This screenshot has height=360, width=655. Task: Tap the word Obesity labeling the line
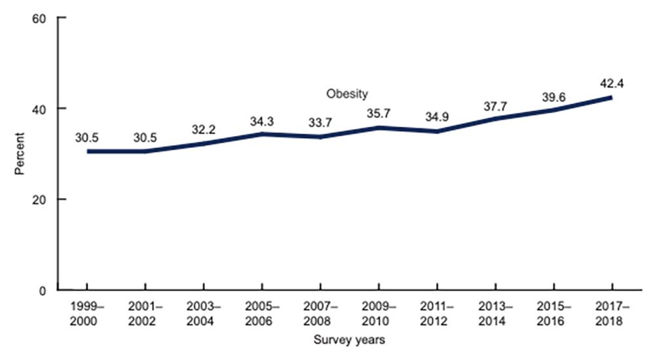coord(347,93)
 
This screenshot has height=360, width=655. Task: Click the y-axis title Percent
coord(20,154)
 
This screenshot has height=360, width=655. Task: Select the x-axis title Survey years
coord(348,340)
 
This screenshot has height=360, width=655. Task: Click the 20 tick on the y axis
coord(45,199)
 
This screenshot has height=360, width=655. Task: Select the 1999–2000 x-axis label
coord(87,313)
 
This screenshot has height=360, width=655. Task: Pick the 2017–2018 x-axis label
coord(610,313)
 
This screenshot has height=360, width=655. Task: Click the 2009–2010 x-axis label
coord(379,313)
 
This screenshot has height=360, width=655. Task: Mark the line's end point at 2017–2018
coord(610,98)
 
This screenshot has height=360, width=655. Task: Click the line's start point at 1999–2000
coord(88,151)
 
